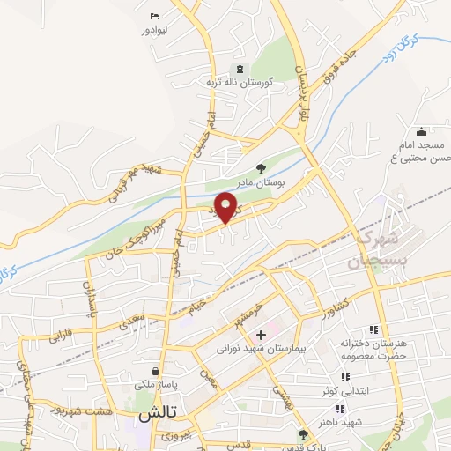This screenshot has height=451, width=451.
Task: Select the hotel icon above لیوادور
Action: click(x=156, y=16)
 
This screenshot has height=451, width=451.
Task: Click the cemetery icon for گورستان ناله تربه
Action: click(x=237, y=69)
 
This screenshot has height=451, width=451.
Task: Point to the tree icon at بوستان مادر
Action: click(x=261, y=166)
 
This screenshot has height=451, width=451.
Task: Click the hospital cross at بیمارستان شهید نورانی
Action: click(x=261, y=335)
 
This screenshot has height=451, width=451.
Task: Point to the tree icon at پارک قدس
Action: click(x=304, y=433)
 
